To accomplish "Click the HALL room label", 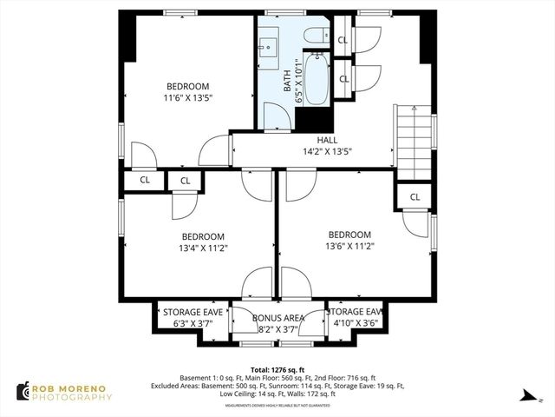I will coord(327,140).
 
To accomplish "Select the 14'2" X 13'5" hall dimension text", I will coord(327,151).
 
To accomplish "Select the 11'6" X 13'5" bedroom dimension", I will coord(188,98).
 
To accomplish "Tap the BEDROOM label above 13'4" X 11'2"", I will coord(203,236).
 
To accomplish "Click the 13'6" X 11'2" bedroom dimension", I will coord(349,247).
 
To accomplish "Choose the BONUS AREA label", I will coord(277,318).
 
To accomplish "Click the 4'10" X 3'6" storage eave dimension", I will coord(356,324).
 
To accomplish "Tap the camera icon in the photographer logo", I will coord(22,392).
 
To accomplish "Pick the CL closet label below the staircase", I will coord(415,197).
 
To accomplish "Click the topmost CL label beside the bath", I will coord(343,40).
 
